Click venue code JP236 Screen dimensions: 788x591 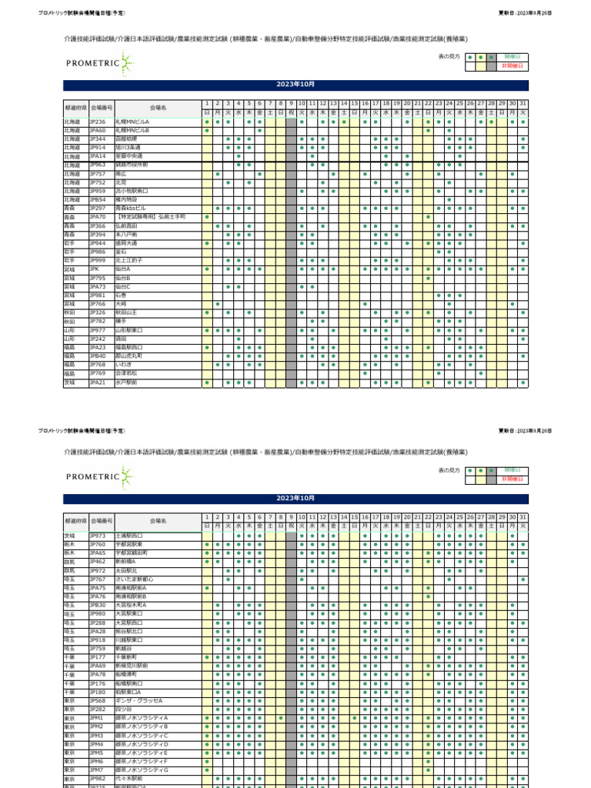(98, 122)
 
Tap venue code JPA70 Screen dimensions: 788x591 (98, 217)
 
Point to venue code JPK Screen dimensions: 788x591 (95, 269)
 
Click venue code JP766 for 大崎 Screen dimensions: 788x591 (98, 304)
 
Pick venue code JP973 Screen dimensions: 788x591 (98, 535)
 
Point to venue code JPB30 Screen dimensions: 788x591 (98, 605)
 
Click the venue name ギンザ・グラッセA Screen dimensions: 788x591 (139, 700)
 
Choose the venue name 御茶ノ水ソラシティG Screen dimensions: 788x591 (142, 770)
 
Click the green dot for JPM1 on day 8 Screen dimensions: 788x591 (281, 718)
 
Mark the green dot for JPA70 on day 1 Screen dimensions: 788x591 (207, 217)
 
